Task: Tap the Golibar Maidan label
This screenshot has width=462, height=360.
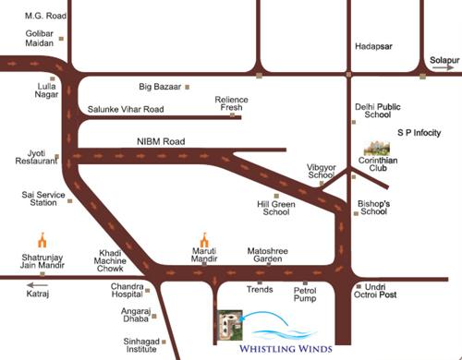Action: [39, 39]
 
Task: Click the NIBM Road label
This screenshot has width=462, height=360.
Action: [161, 141]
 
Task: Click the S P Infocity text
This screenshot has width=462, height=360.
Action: [420, 133]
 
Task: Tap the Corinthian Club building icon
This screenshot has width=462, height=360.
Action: [376, 148]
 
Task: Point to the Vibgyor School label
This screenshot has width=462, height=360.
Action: [322, 171]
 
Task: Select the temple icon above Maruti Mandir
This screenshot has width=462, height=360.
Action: [204, 239]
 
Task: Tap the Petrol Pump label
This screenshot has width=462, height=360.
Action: [305, 295]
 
